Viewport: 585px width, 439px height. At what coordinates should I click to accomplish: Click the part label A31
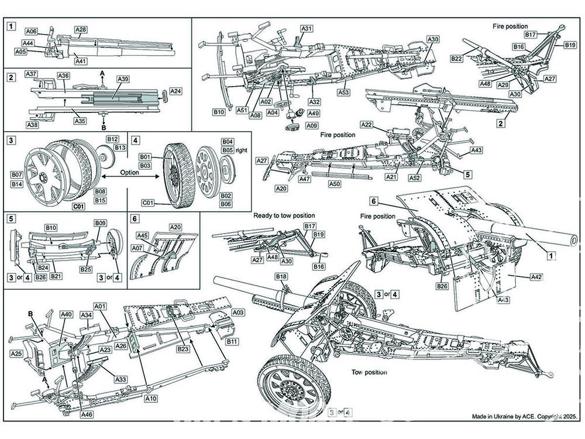[307, 28]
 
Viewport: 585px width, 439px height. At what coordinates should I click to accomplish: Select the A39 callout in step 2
[123, 79]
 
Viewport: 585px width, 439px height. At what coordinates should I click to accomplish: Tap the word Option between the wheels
[130, 173]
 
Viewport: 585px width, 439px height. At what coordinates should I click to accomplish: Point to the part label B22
[457, 59]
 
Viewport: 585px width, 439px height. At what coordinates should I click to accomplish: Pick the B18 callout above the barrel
[281, 276]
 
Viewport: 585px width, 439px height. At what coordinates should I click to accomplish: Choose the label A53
[344, 92]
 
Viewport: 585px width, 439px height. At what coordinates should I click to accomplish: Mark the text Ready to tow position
[284, 216]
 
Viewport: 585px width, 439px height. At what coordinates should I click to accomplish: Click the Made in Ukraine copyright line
[524, 416]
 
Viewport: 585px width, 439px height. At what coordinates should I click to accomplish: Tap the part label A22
[366, 125]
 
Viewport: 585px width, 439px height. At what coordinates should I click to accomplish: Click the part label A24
[175, 91]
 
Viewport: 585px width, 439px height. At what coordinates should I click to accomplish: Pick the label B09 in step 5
[100, 223]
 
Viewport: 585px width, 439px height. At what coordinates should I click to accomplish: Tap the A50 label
[335, 184]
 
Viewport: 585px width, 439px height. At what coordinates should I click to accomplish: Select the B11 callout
[232, 341]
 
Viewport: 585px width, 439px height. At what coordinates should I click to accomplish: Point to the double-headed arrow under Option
[130, 180]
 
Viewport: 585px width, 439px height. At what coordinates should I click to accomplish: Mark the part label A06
[32, 31]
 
